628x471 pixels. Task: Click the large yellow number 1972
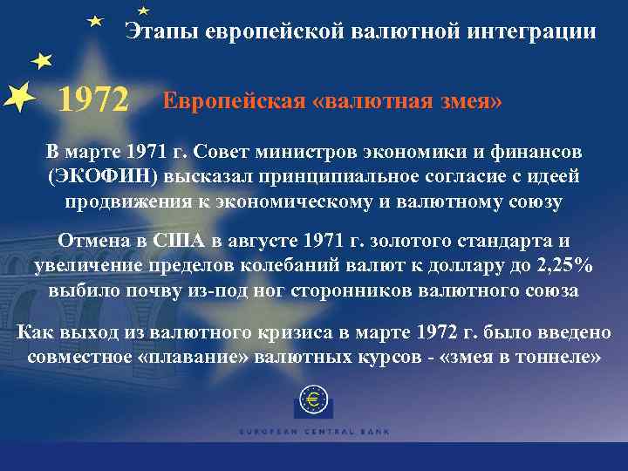pos(93,102)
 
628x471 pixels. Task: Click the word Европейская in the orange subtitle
pos(231,100)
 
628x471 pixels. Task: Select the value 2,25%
pos(562,265)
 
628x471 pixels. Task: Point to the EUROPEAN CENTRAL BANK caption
pos(313,431)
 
